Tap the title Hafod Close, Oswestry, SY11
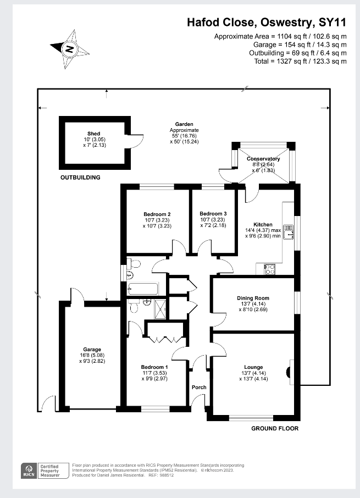(x=267, y=23)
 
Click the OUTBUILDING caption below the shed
(x=80, y=178)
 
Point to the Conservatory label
(x=263, y=159)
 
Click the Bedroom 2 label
(x=157, y=214)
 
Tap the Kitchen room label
(x=263, y=225)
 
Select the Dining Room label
(x=253, y=298)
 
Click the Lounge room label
(x=253, y=367)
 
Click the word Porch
(x=199, y=388)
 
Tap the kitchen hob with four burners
(x=270, y=269)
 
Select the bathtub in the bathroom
(x=143, y=287)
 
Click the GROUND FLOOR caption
(x=275, y=428)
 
